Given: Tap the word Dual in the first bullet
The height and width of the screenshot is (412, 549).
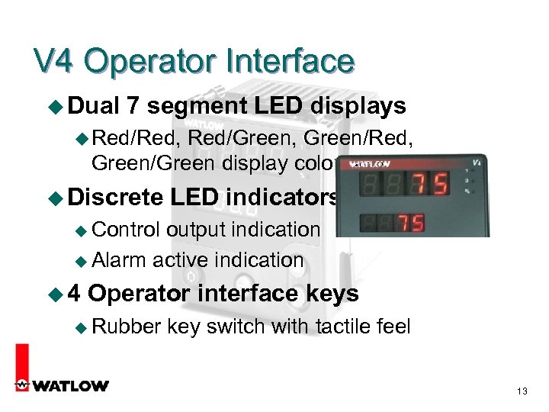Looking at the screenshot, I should [x=98, y=106].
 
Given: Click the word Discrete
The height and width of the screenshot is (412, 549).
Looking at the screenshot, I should [x=115, y=197].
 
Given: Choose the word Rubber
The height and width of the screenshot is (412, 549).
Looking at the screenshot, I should [x=127, y=327].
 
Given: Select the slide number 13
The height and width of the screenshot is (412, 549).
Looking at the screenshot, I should [x=522, y=391].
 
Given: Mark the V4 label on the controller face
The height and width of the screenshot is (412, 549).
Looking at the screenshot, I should [x=477, y=162].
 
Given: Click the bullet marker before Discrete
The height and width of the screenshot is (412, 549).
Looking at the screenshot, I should [x=55, y=198].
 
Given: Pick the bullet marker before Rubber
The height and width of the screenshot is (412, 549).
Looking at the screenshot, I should [x=84, y=328].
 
